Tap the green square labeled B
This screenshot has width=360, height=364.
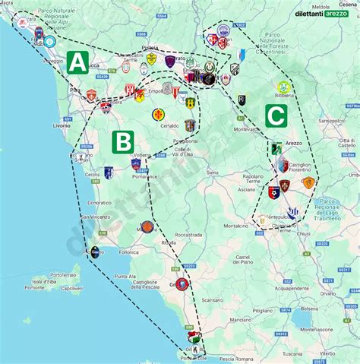[123, 142]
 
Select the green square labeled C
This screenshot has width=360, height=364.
[276, 116]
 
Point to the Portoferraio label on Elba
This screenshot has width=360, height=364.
[63, 274]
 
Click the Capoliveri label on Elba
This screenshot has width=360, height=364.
[72, 289]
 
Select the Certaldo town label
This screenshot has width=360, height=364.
[169, 125]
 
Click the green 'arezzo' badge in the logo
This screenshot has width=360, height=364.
[336, 14]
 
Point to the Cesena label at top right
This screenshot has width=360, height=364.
[348, 4]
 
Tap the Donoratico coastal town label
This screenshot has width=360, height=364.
[99, 204]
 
